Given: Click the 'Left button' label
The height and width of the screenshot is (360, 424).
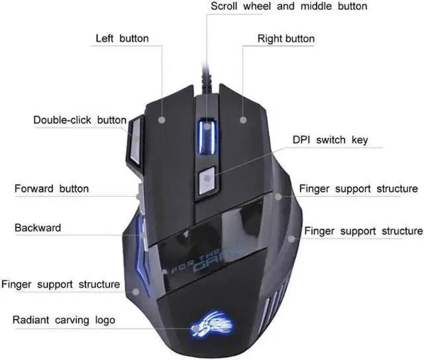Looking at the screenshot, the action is point(122,38).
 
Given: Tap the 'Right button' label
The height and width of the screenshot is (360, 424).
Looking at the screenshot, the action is point(286,38).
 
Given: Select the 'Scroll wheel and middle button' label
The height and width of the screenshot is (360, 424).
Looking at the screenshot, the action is point(289,7).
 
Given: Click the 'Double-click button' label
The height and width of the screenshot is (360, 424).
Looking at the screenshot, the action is point(80,120).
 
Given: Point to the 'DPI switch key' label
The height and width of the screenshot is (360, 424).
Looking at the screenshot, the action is point(330,141).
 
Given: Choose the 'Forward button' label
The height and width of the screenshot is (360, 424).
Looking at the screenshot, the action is point(52,189).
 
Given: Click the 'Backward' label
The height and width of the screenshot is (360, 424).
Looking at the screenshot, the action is point(38,227).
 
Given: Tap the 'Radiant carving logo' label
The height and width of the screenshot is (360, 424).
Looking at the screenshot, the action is point(64,320).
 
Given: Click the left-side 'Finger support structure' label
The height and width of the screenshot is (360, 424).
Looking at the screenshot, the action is point(60,284).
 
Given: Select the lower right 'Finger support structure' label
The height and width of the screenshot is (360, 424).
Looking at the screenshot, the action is point(363,231).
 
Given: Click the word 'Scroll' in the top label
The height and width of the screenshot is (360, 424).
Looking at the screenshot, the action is point(227,7).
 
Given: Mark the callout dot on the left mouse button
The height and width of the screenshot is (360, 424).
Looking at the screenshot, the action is point(162,120).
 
